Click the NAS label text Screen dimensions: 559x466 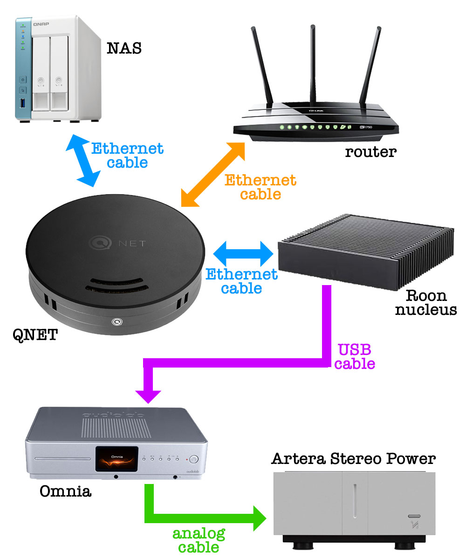(124, 48)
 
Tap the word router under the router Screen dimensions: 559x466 (370, 151)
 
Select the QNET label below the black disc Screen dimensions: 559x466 (35, 334)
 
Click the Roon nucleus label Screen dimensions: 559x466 (426, 302)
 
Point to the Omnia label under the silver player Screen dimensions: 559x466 (65, 491)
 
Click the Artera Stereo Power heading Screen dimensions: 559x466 (353, 459)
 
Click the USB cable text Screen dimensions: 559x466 (354, 356)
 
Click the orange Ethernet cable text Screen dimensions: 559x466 (260, 187)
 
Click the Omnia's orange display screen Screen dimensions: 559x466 (117, 461)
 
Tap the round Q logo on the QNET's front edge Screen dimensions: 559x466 (116, 320)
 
